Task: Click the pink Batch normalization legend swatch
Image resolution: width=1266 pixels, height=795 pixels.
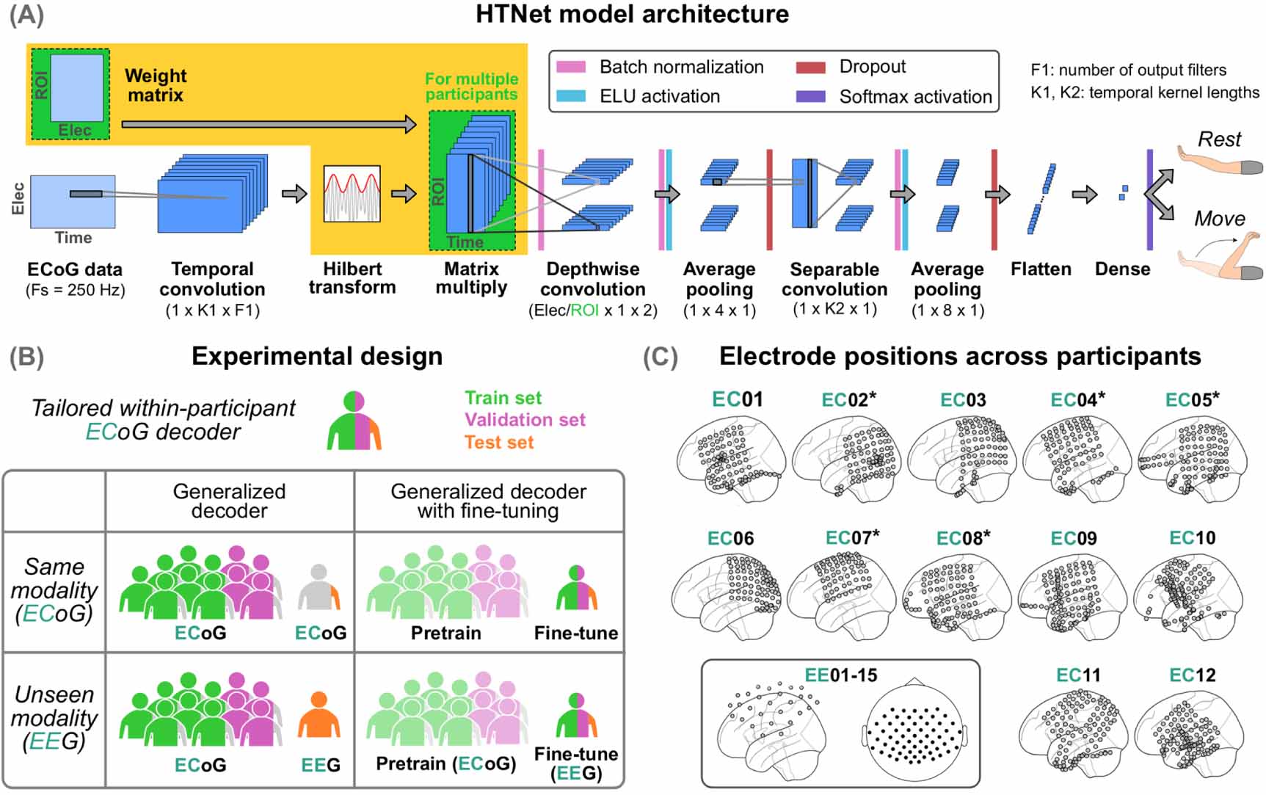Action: click(571, 67)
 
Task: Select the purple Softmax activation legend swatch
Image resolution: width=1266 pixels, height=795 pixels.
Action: click(810, 97)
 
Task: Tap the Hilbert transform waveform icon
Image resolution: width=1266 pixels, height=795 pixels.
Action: click(352, 194)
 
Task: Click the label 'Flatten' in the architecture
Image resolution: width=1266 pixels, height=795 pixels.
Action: click(1040, 269)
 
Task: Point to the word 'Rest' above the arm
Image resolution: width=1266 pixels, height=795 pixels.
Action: click(1219, 139)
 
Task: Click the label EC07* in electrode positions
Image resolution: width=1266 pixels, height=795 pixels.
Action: click(852, 538)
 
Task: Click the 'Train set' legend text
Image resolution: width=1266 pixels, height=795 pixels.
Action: click(503, 398)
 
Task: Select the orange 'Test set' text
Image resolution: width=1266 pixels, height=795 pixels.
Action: click(499, 443)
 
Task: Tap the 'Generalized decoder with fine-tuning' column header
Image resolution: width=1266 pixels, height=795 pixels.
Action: click(488, 501)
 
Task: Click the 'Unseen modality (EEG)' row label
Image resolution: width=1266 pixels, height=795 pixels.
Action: click(54, 717)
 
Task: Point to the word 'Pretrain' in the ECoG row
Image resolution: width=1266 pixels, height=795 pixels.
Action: click(445, 633)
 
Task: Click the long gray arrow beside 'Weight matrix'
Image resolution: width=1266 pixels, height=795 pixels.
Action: click(268, 124)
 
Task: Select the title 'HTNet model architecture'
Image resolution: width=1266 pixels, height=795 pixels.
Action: click(632, 14)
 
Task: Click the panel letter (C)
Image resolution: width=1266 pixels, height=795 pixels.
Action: click(660, 357)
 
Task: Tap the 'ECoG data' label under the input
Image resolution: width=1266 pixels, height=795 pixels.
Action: click(74, 269)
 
